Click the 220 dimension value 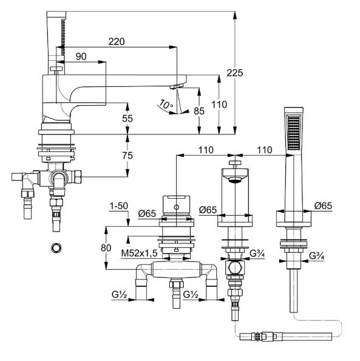coord(117,42)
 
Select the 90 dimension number coord(81,57)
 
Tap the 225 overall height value coord(234,73)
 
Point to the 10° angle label coord(166,105)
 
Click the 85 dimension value coord(199,111)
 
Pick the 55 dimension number coord(127,119)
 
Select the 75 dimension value coord(127,156)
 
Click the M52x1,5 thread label coord(139,253)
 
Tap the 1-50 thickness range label coord(119,206)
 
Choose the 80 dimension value coord(106,248)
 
